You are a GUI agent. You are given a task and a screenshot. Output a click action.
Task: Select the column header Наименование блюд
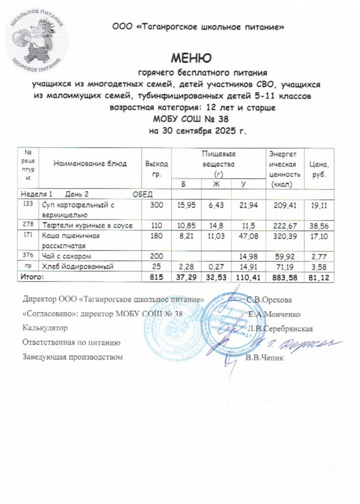90,164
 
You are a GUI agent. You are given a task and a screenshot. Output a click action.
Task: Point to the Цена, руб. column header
318,168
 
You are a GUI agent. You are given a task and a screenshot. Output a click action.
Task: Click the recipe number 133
28,205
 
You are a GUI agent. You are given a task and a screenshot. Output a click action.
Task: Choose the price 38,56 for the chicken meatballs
319,226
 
